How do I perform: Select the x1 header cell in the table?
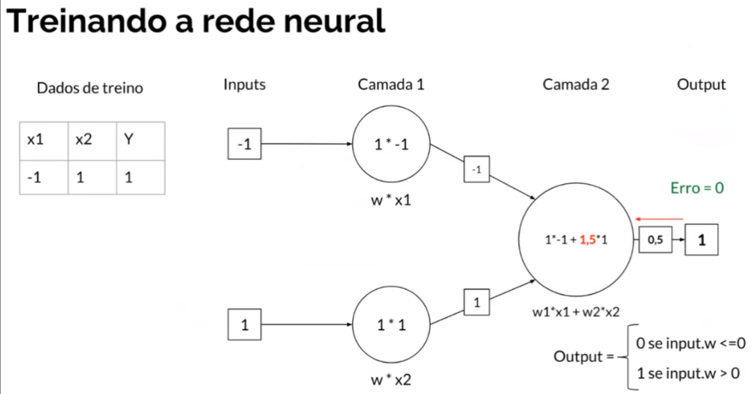pos(44,141)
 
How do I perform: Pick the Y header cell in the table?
pos(141,141)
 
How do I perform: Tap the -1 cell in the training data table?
pos(44,177)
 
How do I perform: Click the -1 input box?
pos(244,144)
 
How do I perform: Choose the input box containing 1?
pos(244,324)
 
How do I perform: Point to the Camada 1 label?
pos(391,84)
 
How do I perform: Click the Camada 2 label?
pos(576,84)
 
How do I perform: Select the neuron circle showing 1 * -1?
pos(391,144)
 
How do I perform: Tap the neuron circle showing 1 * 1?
pos(391,325)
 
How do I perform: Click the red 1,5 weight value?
pos(588,240)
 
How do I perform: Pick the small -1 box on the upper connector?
pos(477,169)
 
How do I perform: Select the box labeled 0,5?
pos(655,240)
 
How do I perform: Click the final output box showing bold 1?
pos(701,240)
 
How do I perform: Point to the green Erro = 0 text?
pos(697,188)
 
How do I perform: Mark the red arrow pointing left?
pos(659,219)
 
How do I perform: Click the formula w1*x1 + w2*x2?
pos(576,312)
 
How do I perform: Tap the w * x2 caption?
pos(391,380)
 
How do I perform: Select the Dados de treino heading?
pos(90,88)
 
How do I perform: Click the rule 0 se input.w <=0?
pos(690,343)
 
